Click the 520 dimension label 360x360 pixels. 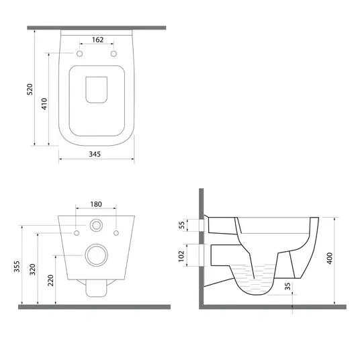coord(30,89)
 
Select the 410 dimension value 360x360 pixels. coord(44,103)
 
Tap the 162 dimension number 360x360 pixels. coord(98,40)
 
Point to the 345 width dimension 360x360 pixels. coord(95,154)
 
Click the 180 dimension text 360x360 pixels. coord(96,204)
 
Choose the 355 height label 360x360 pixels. coord(17,267)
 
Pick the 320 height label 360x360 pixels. coord(33,269)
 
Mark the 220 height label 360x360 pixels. coord(50,280)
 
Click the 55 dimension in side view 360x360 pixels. coord(182,225)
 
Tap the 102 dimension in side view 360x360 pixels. coord(181,256)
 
